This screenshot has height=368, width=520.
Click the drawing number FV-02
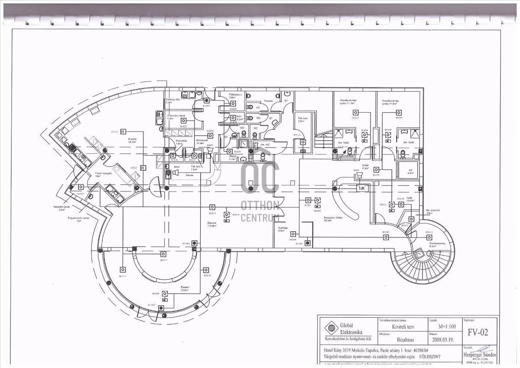tap(478, 332)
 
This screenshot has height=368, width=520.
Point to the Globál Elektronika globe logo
tap(331, 329)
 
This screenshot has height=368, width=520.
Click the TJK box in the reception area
tap(361, 189)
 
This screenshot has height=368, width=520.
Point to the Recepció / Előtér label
tap(333, 218)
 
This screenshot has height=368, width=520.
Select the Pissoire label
tap(257, 99)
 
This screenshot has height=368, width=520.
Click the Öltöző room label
tap(232, 156)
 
